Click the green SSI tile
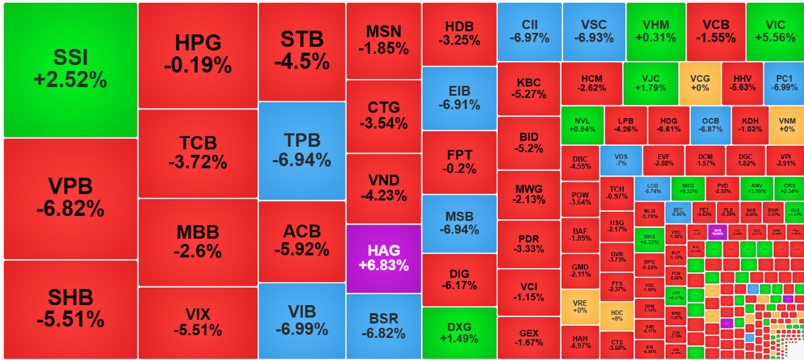pos(70,69)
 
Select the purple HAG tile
pos(383,258)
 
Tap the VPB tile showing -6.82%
pos(70,198)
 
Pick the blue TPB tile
pos(301,150)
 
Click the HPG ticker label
pos(198,44)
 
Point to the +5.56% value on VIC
pos(775,38)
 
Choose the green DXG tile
pos(459,333)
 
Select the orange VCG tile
pos(699,82)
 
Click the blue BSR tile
pos(383,326)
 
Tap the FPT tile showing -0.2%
pos(459,162)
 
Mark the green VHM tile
pos(655,32)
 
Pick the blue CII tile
pos(529,32)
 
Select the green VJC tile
pos(650,82)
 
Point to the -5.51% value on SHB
pos(70,318)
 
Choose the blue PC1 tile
pos(784,82)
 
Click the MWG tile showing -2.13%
pos(529,193)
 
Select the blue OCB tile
pos(710,125)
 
